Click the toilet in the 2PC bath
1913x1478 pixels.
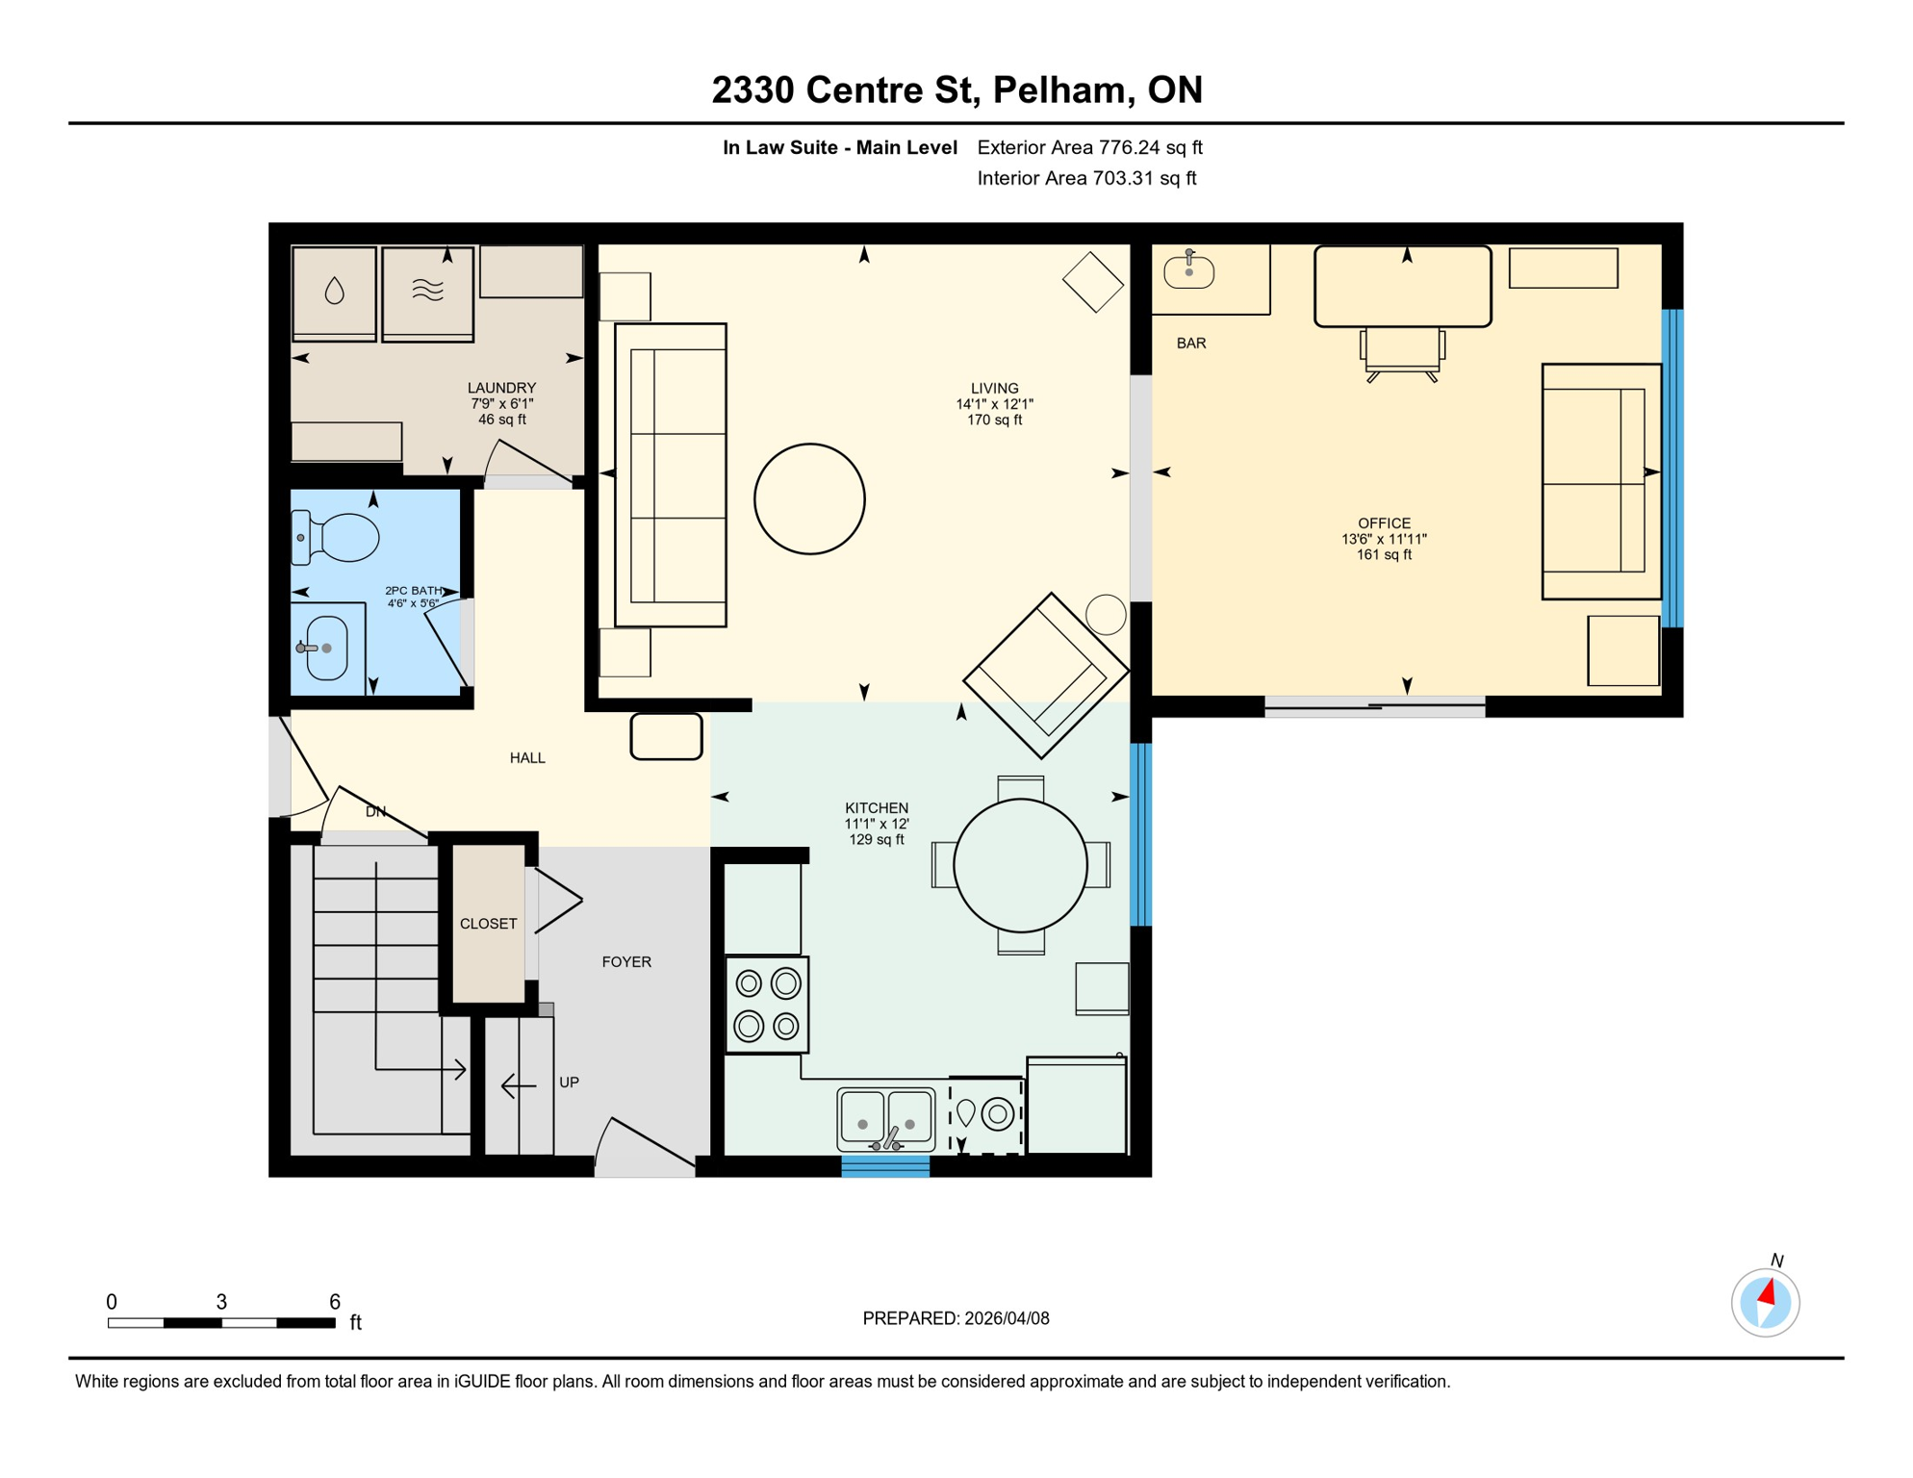point(339,537)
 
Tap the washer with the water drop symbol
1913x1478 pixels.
point(334,292)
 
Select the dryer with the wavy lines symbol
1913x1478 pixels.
point(427,292)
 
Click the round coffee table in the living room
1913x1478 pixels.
point(809,498)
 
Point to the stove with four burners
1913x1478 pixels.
point(767,1005)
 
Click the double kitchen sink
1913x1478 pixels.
point(885,1118)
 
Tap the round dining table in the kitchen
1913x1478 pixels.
point(1020,865)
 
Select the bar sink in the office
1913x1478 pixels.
point(1188,271)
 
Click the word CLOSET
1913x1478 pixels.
point(488,924)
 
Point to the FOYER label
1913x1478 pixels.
point(626,962)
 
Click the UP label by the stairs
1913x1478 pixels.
point(569,1083)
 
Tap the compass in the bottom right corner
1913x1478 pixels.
point(1765,1303)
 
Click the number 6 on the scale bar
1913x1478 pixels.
point(335,1302)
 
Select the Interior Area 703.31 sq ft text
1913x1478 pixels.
point(1086,178)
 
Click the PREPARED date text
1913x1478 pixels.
point(956,1318)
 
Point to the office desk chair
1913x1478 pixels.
point(1402,351)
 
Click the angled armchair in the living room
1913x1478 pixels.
point(1045,675)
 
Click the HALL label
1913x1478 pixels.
point(527,758)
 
